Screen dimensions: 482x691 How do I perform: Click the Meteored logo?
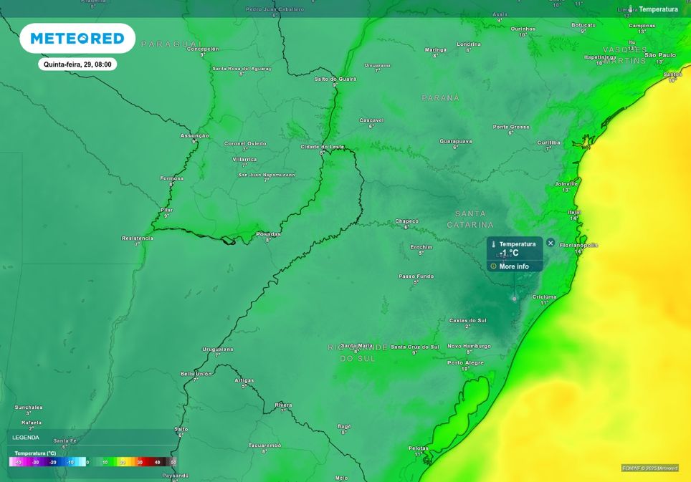pyautogui.click(x=77, y=38)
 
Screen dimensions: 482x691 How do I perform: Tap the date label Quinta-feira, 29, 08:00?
pyautogui.click(x=77, y=64)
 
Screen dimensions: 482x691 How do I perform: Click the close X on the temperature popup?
pyautogui.click(x=551, y=243)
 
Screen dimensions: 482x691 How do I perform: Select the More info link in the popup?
pyautogui.click(x=514, y=266)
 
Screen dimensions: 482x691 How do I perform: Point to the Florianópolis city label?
pyautogui.click(x=578, y=245)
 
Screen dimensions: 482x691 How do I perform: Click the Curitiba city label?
pyautogui.click(x=548, y=143)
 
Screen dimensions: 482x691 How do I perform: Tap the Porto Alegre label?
pyautogui.click(x=465, y=362)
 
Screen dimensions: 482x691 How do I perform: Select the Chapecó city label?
pyautogui.click(x=406, y=221)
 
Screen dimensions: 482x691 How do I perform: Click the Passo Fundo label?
pyautogui.click(x=416, y=276)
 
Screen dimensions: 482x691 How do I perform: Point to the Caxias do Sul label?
pyautogui.click(x=467, y=320)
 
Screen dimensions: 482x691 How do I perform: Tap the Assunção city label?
pyautogui.click(x=194, y=135)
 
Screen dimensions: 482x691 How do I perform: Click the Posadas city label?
pyautogui.click(x=269, y=233)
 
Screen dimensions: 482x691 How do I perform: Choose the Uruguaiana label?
pyautogui.click(x=218, y=349)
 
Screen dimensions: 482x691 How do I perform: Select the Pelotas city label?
pyautogui.click(x=418, y=448)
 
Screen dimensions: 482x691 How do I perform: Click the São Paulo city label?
pyautogui.click(x=660, y=54)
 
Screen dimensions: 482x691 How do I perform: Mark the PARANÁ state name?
pyautogui.click(x=440, y=97)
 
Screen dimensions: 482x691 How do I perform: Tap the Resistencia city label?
pyautogui.click(x=138, y=238)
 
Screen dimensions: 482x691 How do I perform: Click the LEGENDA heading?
pyautogui.click(x=26, y=437)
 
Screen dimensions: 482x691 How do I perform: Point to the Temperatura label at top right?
pyautogui.click(x=658, y=9)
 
